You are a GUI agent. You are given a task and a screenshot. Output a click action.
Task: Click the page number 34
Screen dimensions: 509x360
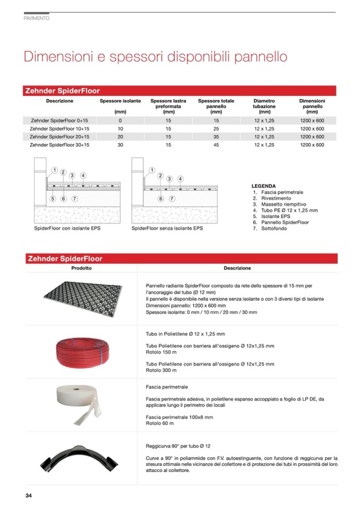point(29,496)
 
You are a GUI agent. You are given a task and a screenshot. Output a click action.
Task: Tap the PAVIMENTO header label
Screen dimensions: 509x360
point(37,19)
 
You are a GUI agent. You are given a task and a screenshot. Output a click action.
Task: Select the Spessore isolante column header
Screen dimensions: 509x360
point(120,101)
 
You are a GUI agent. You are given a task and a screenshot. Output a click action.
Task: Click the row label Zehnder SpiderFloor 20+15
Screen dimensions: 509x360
point(59,136)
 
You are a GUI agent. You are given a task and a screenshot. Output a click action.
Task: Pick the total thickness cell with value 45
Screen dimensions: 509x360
point(216,144)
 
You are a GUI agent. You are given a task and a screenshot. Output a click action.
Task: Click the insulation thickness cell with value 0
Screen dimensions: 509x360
point(120,120)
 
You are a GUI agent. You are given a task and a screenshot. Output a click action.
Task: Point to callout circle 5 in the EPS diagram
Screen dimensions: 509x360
point(53,199)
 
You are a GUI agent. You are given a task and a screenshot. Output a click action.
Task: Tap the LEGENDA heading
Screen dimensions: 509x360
point(263,186)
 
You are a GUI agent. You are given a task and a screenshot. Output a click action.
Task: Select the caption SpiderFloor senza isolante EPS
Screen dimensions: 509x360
point(167,228)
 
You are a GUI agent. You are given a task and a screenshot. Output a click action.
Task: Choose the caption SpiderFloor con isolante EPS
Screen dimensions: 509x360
point(67,228)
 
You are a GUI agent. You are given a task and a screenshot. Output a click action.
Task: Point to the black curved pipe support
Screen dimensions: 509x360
point(82,458)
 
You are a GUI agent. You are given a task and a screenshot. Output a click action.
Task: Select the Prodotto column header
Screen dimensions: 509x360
point(82,268)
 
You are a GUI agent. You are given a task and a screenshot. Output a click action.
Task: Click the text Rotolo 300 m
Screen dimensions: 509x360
point(160,370)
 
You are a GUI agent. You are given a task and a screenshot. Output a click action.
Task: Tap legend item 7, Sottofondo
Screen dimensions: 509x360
point(274,228)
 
